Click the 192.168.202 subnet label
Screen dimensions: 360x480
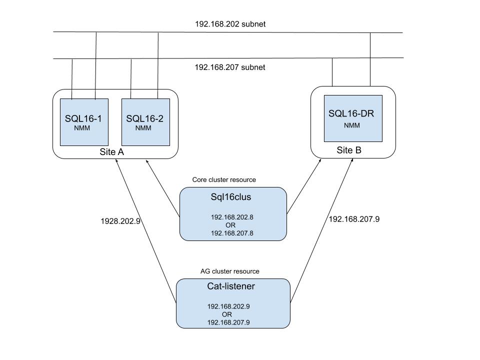[229, 24]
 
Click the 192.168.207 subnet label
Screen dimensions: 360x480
[229, 67]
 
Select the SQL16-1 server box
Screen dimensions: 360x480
[84, 122]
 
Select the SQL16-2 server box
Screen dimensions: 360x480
[145, 122]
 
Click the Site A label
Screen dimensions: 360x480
[111, 152]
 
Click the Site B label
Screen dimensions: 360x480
[348, 149]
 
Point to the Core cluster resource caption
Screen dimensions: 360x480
[223, 179]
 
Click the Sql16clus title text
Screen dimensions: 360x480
[230, 197]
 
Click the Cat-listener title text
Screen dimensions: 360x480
[231, 286]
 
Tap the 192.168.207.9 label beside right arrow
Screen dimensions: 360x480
[353, 218]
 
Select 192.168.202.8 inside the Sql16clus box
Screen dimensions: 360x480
[232, 217]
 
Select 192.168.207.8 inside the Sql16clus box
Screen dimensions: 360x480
[232, 233]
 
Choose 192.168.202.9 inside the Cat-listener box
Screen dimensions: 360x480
[228, 306]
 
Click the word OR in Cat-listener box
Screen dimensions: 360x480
[227, 314]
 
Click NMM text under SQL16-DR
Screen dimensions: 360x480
[351, 125]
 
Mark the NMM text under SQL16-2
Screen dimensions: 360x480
[143, 128]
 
